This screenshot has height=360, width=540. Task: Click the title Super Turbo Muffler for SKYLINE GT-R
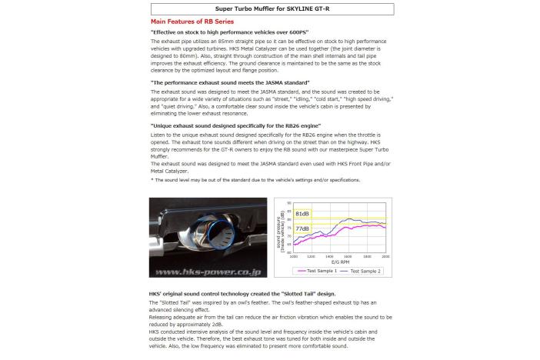pyautogui.click(x=269, y=9)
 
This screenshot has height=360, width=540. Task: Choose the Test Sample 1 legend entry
pyautogui.click(x=317, y=271)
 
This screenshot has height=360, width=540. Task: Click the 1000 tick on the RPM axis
pyautogui.click(x=292, y=255)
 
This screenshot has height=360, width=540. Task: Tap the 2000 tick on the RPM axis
pyautogui.click(x=385, y=255)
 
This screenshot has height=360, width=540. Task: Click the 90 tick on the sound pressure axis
pyautogui.click(x=288, y=203)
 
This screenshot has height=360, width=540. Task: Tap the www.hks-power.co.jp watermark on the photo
pyautogui.click(x=208, y=272)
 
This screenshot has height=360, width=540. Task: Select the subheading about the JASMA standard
pyautogui.click(x=231, y=81)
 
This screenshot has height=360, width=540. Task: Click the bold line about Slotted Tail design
pyautogui.click(x=242, y=294)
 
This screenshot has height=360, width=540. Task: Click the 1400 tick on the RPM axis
pyautogui.click(x=329, y=255)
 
